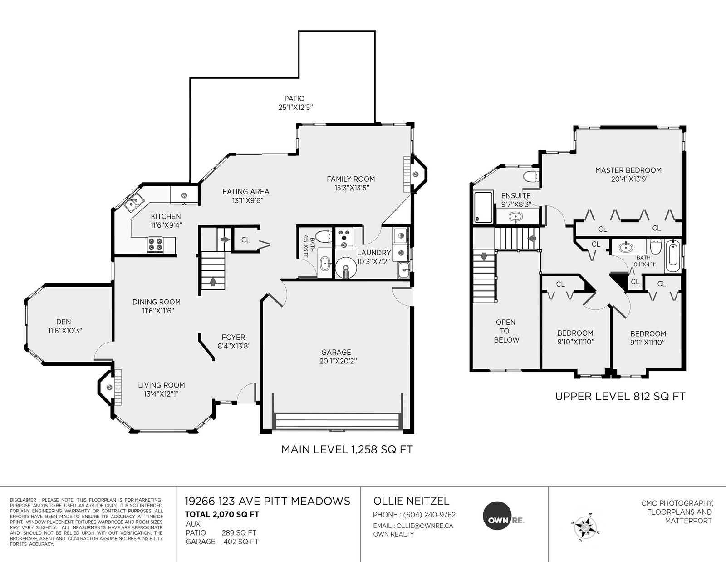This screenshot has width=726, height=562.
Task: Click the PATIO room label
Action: click(294, 99)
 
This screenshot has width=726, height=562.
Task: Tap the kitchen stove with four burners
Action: click(155, 244)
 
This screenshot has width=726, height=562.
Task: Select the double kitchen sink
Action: click(134, 202)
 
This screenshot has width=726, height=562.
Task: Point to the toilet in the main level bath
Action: click(324, 237)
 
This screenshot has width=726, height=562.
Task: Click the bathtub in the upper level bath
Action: click(672, 256)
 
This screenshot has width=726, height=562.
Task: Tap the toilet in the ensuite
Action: click(531, 176)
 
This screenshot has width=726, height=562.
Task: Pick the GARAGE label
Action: click(336, 352)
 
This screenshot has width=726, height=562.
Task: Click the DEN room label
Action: click(64, 322)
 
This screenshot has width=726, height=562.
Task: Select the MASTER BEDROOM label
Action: click(628, 170)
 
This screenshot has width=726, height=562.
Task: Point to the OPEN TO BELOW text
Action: click(506, 331)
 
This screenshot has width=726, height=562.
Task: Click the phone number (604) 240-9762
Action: click(429, 515)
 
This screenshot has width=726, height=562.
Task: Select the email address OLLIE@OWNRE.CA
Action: click(425, 526)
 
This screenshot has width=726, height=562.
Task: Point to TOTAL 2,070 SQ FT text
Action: click(222, 514)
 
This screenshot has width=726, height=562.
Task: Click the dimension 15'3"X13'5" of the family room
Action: click(352, 188)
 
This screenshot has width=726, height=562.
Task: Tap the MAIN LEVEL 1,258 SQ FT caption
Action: click(347, 449)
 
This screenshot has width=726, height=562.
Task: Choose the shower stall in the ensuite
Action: click(483, 207)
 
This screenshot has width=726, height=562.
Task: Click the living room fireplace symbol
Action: click(109, 388)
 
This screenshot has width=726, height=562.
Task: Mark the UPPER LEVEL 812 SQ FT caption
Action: click(620, 397)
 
